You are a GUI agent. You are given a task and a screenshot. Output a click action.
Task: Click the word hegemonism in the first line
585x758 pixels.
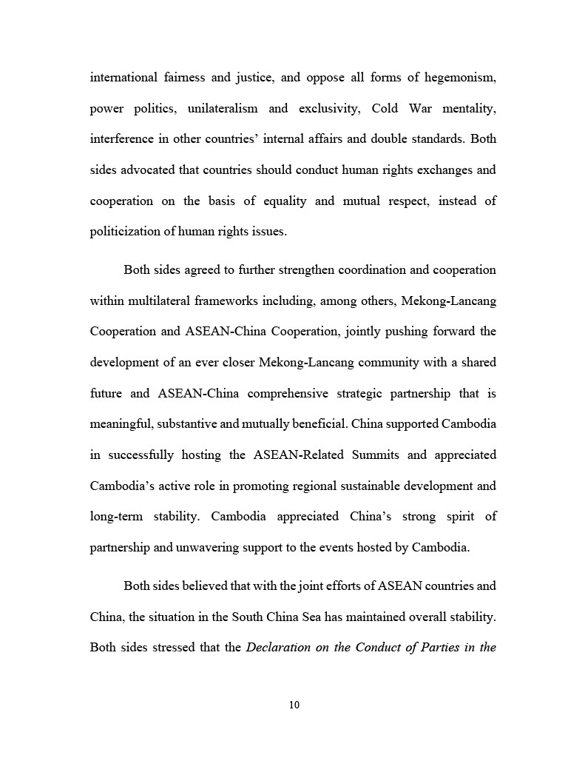coord(458,77)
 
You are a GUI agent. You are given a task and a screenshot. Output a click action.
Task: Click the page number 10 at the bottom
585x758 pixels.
coord(294,705)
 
